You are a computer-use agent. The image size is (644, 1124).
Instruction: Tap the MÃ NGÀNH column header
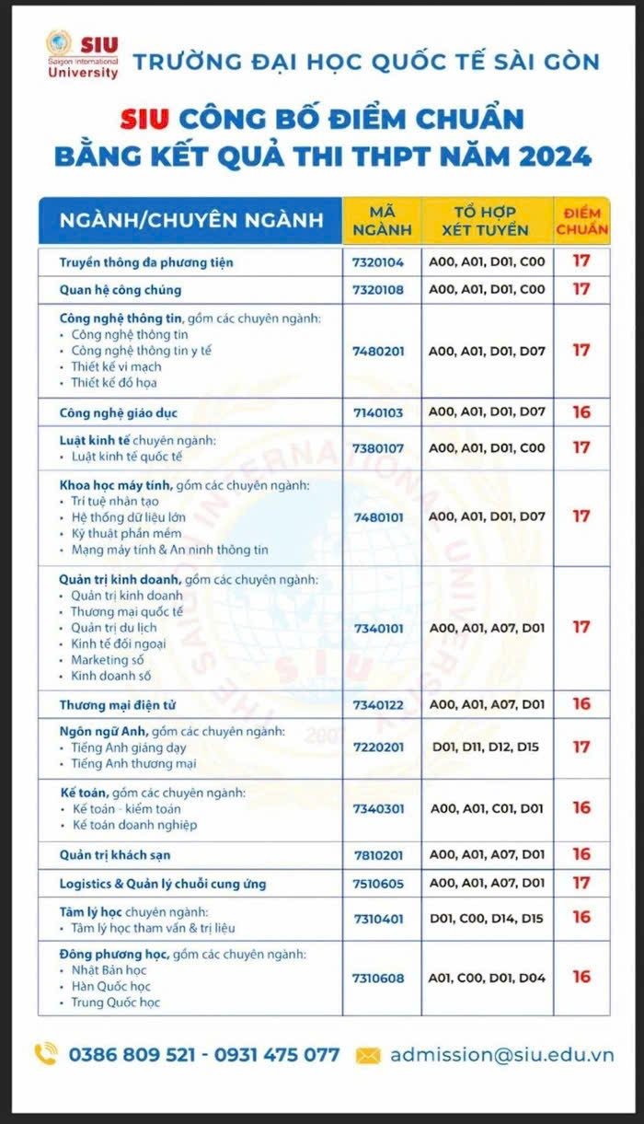[x=382, y=220]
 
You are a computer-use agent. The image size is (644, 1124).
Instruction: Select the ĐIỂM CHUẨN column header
[x=581, y=220]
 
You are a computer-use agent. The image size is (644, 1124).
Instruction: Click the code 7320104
[x=378, y=261]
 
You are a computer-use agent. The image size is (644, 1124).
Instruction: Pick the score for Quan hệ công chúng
[x=581, y=289]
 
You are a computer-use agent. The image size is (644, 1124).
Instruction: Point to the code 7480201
[x=378, y=351]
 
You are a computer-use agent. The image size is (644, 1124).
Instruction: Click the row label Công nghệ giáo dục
[x=118, y=412]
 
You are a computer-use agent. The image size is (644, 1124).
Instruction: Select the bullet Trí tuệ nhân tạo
[x=115, y=501]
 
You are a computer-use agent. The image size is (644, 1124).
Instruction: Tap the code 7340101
[x=378, y=627]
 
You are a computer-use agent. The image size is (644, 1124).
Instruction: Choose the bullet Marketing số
[x=107, y=659]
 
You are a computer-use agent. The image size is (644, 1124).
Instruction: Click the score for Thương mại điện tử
[x=581, y=704]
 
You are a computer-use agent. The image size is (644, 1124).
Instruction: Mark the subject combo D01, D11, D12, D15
[x=487, y=747]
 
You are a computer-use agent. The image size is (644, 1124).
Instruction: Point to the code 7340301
[x=378, y=807]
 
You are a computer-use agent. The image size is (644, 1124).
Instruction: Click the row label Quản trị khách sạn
[x=115, y=855]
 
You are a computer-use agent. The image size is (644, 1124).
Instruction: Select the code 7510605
[x=378, y=883]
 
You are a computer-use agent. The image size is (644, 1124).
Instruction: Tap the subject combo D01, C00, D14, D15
[x=487, y=918]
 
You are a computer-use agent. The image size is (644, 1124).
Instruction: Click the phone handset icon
[x=46, y=1054]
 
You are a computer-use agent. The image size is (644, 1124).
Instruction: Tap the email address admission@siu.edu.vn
[x=501, y=1055]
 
